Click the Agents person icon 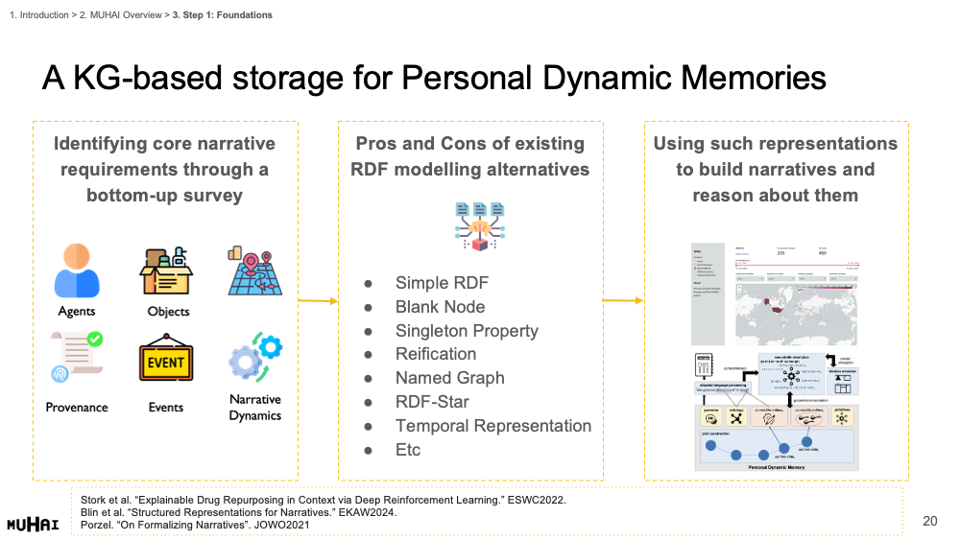(x=77, y=271)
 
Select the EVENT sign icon (x=166, y=364)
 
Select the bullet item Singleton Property (x=467, y=331)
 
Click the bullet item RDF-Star (x=432, y=402)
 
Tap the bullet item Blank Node (x=440, y=307)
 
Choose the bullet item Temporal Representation (x=493, y=426)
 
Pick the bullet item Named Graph (x=449, y=378)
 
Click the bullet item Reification (x=436, y=354)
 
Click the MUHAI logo (x=33, y=524)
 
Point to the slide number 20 (x=929, y=521)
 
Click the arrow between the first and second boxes (x=318, y=301)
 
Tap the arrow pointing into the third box (x=623, y=301)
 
